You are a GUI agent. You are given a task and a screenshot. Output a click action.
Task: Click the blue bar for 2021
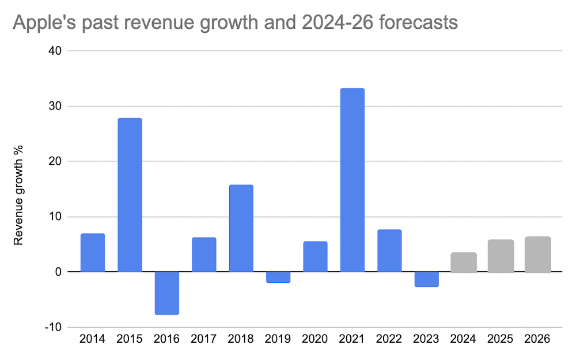point(352,180)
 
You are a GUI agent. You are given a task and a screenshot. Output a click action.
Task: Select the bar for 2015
point(130,195)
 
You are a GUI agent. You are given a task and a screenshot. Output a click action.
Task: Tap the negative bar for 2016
point(167,293)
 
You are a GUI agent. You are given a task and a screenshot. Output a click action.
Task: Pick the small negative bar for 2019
point(278,277)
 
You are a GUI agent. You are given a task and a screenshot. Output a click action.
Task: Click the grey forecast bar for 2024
point(464,262)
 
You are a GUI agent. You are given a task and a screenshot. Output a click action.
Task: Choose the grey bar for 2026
point(538,254)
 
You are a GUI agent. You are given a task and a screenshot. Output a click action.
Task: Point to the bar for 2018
point(241,228)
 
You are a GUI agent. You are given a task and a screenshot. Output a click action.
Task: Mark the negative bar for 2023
point(426,279)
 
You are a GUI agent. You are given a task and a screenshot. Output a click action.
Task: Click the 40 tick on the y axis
point(55,51)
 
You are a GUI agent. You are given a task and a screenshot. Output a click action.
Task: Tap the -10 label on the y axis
point(54,327)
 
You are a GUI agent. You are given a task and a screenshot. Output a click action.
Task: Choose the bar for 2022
point(389,251)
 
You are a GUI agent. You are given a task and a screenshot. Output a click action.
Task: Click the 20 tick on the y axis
point(55,161)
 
